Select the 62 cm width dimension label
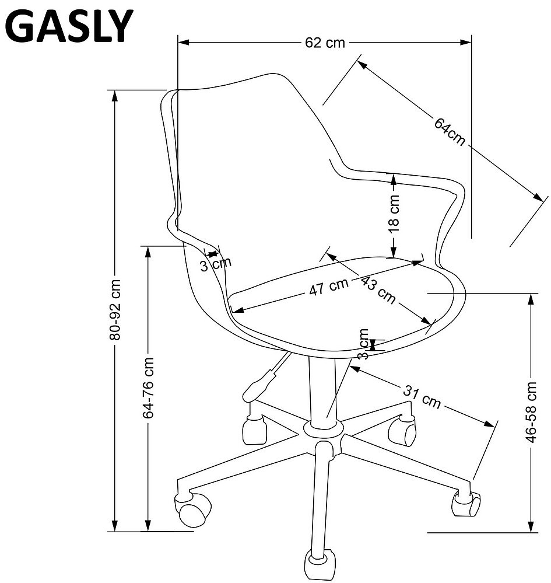(x=325, y=43)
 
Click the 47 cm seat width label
(x=329, y=287)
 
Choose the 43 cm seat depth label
(x=378, y=289)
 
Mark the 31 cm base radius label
(x=422, y=397)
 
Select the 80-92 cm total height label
(x=115, y=310)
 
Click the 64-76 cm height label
(x=148, y=388)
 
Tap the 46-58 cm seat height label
(x=532, y=412)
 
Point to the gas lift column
(x=322, y=390)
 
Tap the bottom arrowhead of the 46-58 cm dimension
(x=532, y=526)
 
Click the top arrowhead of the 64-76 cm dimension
(x=148, y=252)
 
